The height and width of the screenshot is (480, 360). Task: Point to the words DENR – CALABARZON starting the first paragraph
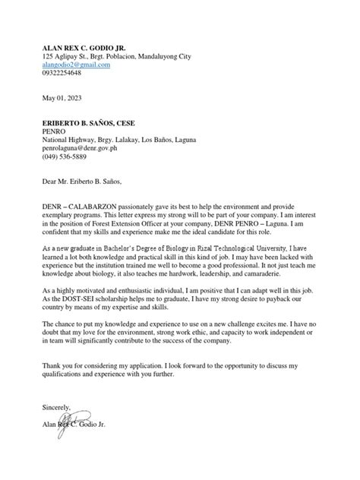pos(81,207)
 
